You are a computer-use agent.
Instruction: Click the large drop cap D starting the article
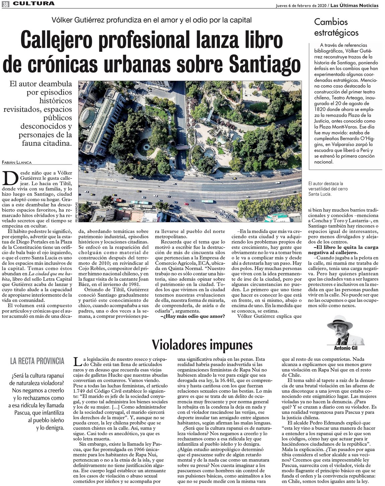[x=10, y=178]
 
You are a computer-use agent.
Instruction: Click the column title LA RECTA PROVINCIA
[x=37, y=361]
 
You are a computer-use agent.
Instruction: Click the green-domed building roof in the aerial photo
[x=88, y=116]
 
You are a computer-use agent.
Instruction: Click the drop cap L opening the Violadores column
[x=77, y=361]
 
